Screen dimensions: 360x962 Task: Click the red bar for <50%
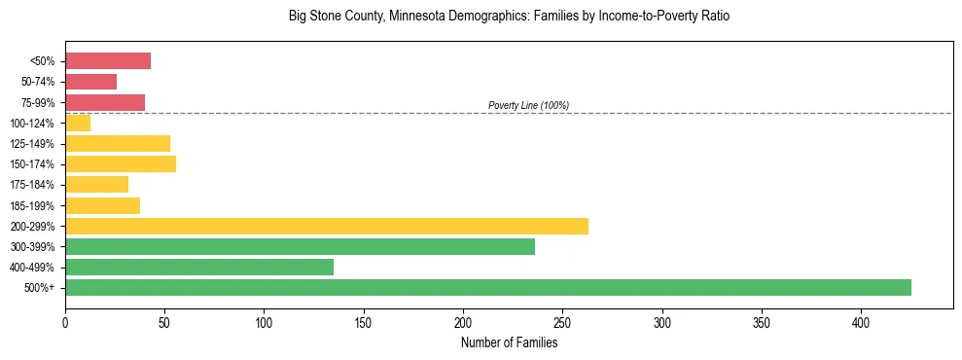pyautogui.click(x=108, y=61)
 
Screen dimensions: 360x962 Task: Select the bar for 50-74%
pyautogui.click(x=90, y=82)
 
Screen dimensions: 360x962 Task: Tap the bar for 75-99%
pyautogui.click(x=105, y=102)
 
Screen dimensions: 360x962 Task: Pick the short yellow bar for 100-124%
pyautogui.click(x=78, y=123)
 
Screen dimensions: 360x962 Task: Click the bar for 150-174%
pyautogui.click(x=121, y=163)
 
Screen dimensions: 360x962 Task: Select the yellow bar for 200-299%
pyautogui.click(x=327, y=226)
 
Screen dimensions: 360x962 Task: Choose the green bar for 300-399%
pyautogui.click(x=300, y=246)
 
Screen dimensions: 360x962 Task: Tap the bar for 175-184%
pyautogui.click(x=96, y=184)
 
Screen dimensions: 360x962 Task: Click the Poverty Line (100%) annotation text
pyautogui.click(x=528, y=105)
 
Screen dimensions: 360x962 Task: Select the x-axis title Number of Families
pyautogui.click(x=509, y=342)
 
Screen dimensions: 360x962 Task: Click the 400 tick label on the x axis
pyautogui.click(x=861, y=322)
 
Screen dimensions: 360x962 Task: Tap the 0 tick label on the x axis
pyautogui.click(x=65, y=322)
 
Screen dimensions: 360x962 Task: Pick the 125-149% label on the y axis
pyautogui.click(x=32, y=143)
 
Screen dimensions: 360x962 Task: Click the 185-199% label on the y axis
pyautogui.click(x=32, y=205)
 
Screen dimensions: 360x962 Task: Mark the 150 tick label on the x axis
pyautogui.click(x=364, y=322)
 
